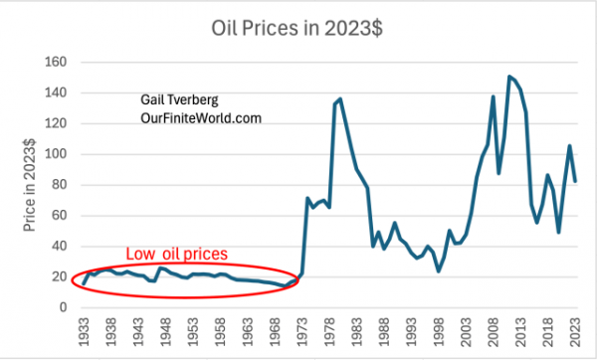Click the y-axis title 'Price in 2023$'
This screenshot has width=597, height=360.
[29, 184]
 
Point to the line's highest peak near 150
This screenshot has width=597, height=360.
[510, 77]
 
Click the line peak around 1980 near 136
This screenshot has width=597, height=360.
[340, 98]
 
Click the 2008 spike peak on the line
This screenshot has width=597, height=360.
[494, 96]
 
